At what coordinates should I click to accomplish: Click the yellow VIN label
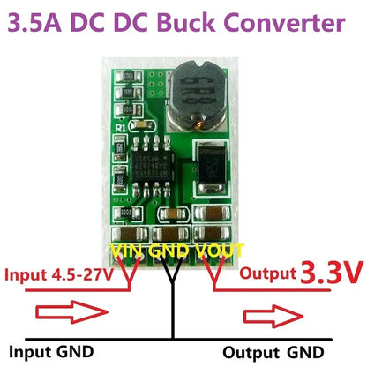[x=130, y=251]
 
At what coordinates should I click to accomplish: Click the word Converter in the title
[x=287, y=21]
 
